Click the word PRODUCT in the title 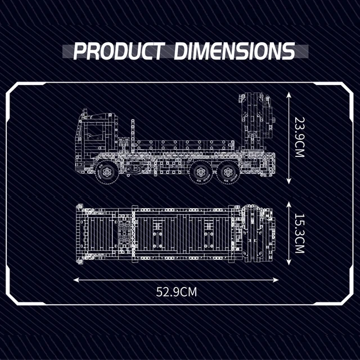[x=119, y=51]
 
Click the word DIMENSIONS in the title [x=235, y=51]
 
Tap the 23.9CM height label [x=299, y=137]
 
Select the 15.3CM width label [x=299, y=233]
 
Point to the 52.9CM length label [x=176, y=292]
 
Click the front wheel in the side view [x=107, y=172]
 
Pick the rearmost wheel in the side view [x=228, y=172]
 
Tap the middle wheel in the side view [x=201, y=172]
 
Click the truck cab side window [x=94, y=132]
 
